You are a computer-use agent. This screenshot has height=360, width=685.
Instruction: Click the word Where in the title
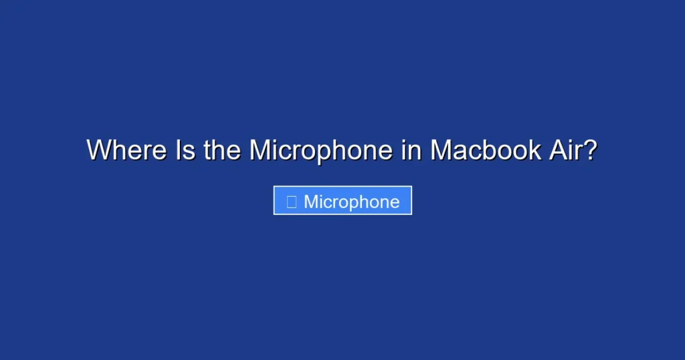click(x=126, y=150)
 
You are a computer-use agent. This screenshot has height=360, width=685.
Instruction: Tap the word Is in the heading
click(x=185, y=150)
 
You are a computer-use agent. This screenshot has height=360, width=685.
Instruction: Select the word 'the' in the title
click(x=222, y=150)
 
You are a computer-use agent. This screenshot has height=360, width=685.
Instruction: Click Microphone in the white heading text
click(x=320, y=150)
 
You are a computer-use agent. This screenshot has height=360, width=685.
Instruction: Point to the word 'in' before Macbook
click(x=411, y=150)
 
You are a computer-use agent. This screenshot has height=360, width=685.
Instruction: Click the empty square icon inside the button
click(x=292, y=201)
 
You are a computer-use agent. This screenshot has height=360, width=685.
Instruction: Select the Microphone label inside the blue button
click(x=352, y=201)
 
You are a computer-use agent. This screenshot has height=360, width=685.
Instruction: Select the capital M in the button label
click(x=311, y=201)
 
